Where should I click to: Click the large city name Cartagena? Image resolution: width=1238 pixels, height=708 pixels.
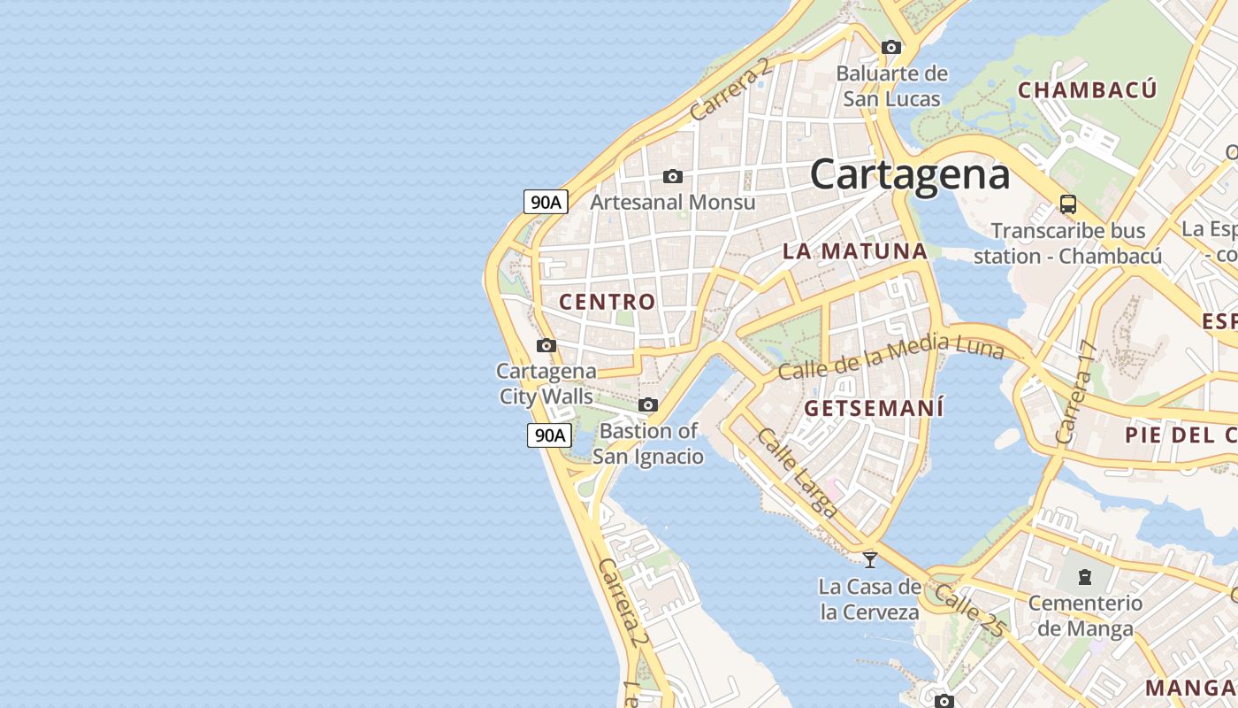tap(910, 173)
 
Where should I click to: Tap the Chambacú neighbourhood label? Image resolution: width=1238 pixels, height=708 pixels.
tap(1087, 89)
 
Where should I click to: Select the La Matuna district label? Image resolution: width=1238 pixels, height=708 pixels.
tap(854, 250)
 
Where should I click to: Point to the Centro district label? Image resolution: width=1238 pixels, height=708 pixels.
tap(608, 302)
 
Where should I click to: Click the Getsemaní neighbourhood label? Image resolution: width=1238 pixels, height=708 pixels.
tap(874, 408)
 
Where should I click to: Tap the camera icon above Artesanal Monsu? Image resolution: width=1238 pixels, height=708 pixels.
tap(673, 177)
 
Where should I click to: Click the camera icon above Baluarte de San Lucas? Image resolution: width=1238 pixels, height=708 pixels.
tap(891, 47)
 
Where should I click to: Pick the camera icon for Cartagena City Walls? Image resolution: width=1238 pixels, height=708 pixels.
tap(546, 345)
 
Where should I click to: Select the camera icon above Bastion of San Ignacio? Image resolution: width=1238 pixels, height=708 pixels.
tap(648, 405)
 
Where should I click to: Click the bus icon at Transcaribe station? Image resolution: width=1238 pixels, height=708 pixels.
tap(1068, 204)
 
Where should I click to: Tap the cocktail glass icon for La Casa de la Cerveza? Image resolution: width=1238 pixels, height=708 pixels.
tap(870, 559)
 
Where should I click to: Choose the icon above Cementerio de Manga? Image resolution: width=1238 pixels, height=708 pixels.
tap(1084, 578)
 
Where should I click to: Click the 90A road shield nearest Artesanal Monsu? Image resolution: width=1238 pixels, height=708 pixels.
tap(545, 202)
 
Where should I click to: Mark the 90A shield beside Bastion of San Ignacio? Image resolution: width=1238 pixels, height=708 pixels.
tap(549, 435)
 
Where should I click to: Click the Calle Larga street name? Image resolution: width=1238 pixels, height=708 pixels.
tap(797, 473)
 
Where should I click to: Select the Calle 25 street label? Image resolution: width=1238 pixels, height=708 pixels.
tap(970, 610)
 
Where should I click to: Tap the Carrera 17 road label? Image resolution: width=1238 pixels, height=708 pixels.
tap(1075, 393)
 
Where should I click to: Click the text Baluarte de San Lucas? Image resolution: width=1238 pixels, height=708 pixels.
tap(891, 86)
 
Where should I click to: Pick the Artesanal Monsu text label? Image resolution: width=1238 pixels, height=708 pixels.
tap(673, 202)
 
